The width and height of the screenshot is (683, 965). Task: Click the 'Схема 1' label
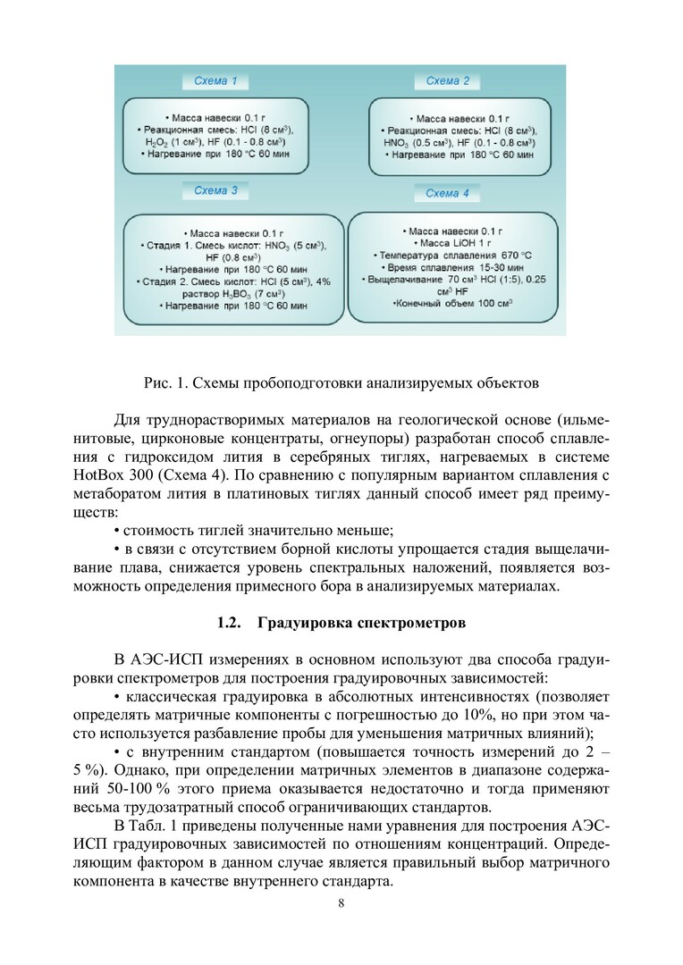click(x=216, y=81)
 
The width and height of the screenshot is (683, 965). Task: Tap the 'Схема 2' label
click(x=447, y=81)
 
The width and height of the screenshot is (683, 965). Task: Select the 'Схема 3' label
click(x=216, y=190)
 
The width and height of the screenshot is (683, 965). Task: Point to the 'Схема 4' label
click(x=447, y=193)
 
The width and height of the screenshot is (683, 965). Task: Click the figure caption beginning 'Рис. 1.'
click(x=341, y=383)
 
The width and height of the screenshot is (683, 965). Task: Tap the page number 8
click(x=341, y=902)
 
